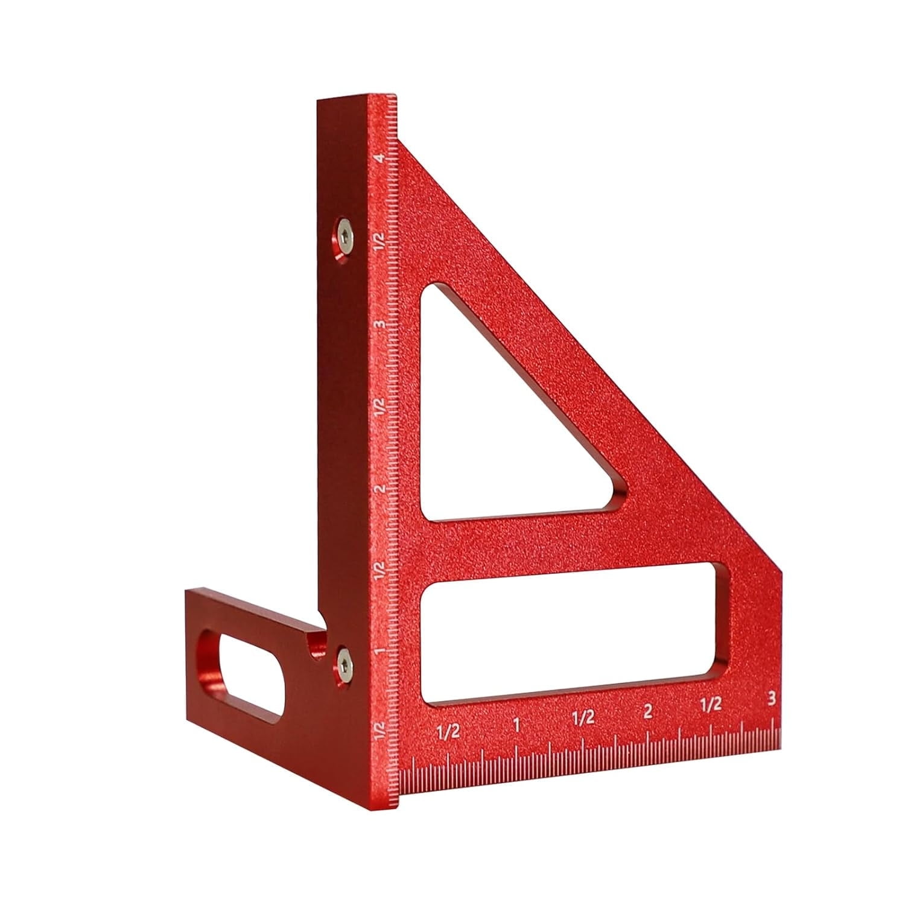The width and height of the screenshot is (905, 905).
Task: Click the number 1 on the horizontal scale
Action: tap(516, 724)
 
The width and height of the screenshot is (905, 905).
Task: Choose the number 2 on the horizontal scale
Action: tap(648, 711)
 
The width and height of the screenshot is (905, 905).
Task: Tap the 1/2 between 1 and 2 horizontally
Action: tap(583, 718)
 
